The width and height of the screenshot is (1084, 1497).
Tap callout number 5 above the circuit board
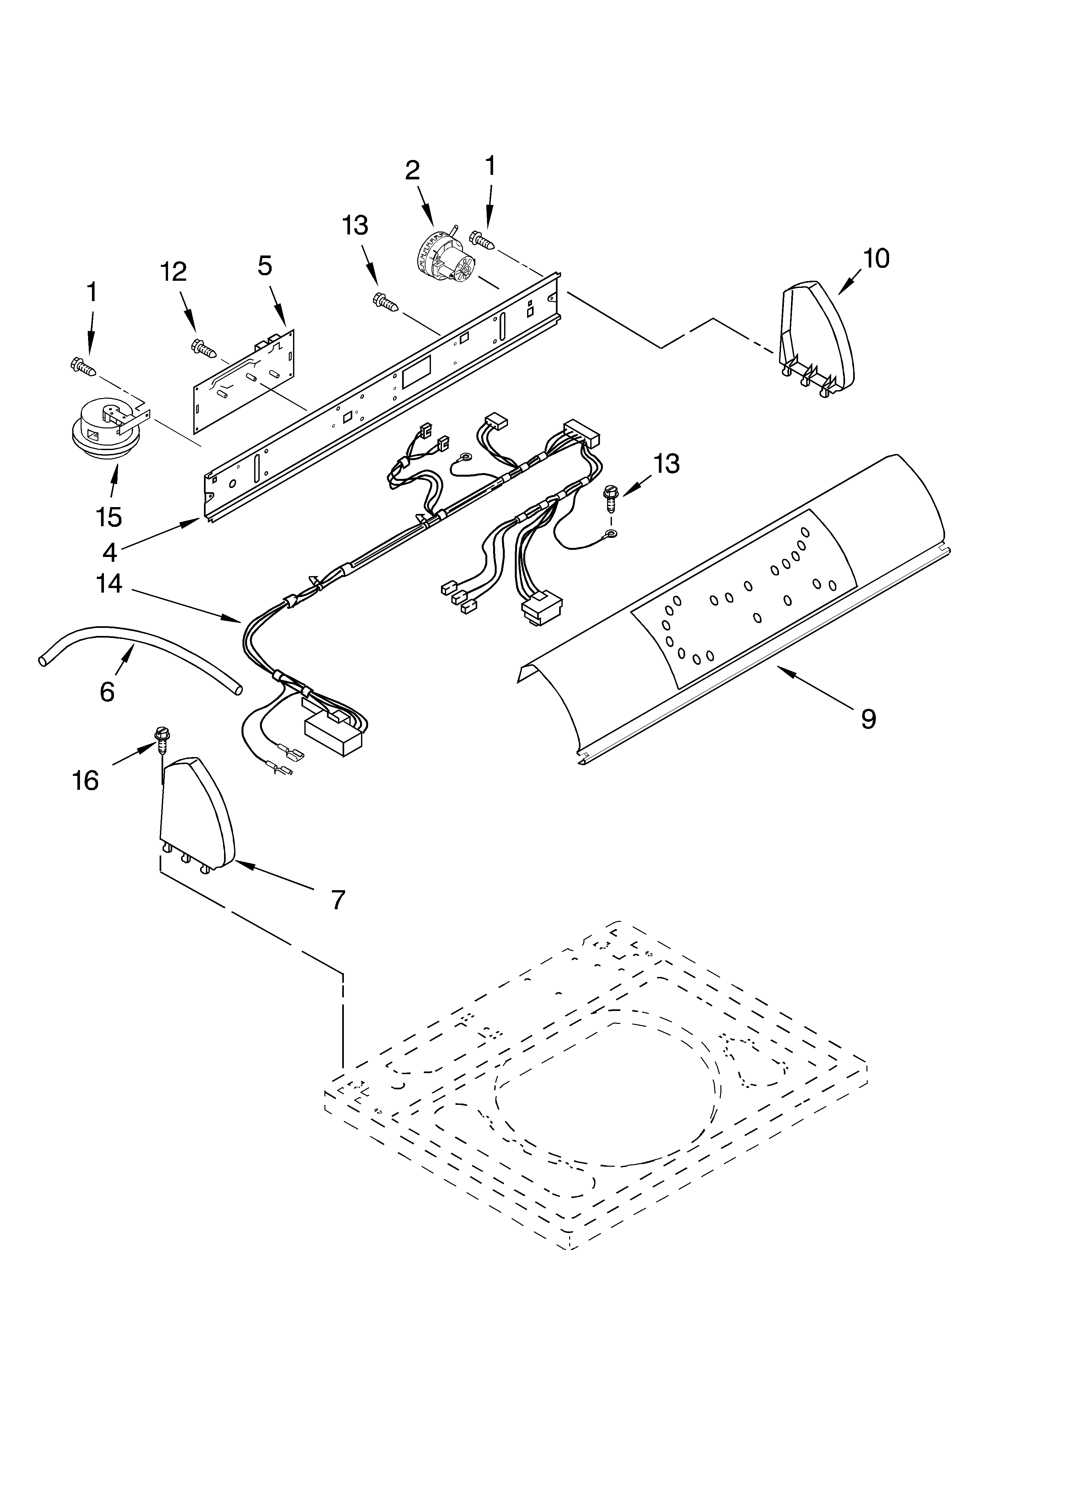pyautogui.click(x=264, y=266)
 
